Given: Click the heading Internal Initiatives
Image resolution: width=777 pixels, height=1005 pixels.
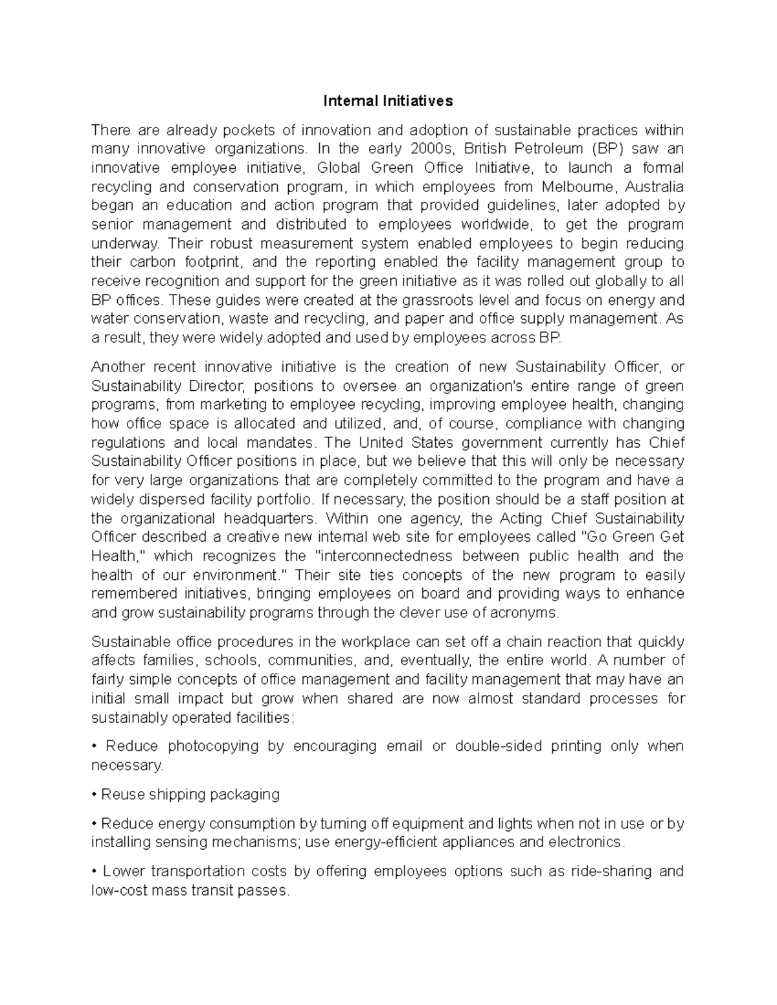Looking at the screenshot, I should tap(388, 101).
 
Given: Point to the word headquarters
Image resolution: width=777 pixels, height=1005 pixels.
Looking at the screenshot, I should tap(270, 519).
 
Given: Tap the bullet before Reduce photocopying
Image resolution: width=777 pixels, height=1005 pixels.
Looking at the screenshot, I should tap(95, 746).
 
